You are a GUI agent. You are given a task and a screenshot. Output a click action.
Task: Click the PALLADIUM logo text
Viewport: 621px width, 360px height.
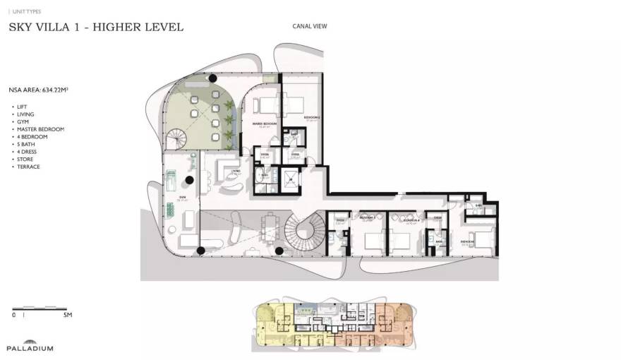pyautogui.click(x=30, y=348)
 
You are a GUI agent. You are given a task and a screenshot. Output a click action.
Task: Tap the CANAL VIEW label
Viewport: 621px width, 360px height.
pyautogui.click(x=310, y=27)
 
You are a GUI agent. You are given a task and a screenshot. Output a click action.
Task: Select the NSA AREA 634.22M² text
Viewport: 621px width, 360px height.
pyautogui.click(x=39, y=91)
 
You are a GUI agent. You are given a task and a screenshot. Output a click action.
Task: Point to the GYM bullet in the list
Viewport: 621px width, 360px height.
pyautogui.click(x=22, y=121)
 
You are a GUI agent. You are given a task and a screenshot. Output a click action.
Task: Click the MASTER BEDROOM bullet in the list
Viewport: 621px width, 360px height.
pyautogui.click(x=40, y=129)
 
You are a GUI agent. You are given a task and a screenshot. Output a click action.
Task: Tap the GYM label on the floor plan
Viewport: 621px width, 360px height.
pyautogui.click(x=182, y=198)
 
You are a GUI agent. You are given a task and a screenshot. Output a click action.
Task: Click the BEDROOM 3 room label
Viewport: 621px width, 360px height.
pyautogui.click(x=368, y=218)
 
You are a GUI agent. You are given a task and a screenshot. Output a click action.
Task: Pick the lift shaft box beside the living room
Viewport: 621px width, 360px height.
pyautogui.click(x=290, y=179)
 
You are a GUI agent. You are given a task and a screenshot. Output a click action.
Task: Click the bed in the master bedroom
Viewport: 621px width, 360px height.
pyautogui.click(x=267, y=105)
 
